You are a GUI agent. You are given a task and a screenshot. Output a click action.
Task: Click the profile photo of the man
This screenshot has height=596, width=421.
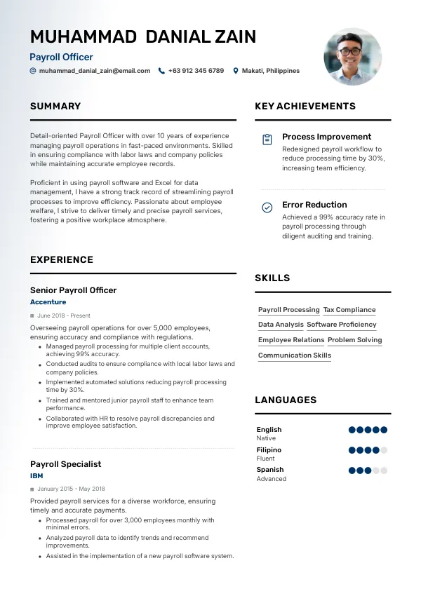[353, 57]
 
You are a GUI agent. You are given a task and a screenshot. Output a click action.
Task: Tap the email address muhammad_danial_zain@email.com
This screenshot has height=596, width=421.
[94, 71]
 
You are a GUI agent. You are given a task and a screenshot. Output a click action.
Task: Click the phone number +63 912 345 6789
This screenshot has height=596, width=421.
[196, 71]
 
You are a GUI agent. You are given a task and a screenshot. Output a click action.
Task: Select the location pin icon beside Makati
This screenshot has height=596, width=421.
[236, 71]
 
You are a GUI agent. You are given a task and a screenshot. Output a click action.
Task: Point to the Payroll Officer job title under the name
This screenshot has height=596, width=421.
[61, 57]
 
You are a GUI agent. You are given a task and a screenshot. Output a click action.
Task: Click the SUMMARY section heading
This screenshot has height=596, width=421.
[55, 107]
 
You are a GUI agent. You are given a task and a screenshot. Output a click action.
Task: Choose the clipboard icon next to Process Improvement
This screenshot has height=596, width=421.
[267, 140]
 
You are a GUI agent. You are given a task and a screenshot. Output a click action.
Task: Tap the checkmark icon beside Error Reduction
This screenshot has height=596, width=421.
[267, 208]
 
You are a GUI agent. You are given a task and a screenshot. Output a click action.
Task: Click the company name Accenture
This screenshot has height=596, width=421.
[48, 302]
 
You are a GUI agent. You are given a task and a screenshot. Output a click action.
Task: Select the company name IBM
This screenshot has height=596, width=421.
[36, 475]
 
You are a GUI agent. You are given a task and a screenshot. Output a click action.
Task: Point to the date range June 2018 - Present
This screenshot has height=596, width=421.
[64, 316]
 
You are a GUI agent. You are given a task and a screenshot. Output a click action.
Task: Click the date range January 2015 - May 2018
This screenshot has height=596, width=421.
[71, 489]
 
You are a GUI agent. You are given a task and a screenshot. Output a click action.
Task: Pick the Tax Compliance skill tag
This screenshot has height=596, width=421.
[349, 310]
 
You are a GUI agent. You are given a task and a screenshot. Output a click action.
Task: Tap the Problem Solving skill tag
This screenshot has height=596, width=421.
[355, 340]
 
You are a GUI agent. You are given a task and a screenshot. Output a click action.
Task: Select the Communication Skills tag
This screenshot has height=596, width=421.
[295, 355]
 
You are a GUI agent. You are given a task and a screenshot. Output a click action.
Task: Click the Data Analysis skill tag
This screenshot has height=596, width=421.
[281, 325]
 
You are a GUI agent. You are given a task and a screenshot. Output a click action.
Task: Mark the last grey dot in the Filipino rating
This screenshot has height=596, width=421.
[384, 450]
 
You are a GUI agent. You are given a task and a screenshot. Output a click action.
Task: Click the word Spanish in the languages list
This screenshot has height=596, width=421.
[270, 470]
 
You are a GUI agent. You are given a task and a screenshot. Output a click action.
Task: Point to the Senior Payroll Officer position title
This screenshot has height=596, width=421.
[74, 290]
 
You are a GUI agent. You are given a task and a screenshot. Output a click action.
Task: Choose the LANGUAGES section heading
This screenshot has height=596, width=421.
[286, 400]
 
